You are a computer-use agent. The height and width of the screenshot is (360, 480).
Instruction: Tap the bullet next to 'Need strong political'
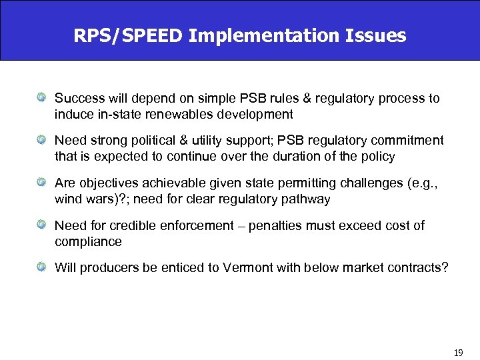[x=41, y=141]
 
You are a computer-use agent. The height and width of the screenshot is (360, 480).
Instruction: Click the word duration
[x=304, y=157]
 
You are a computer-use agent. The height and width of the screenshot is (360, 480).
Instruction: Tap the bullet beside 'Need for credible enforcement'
[x=41, y=225]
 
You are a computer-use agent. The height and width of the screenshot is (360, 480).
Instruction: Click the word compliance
[x=88, y=241]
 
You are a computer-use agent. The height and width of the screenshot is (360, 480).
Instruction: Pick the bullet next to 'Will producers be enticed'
[x=41, y=268]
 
